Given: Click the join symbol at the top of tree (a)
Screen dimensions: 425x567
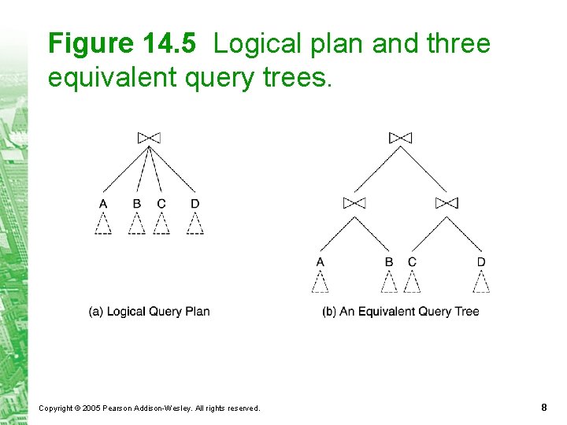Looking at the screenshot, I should click(x=149, y=138).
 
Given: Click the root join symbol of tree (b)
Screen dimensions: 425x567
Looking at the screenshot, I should click(x=400, y=138).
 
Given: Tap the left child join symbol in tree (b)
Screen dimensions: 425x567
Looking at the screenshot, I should click(x=354, y=203).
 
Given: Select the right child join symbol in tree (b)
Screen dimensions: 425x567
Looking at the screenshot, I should click(x=447, y=203).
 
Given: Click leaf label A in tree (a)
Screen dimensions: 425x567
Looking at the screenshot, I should click(x=103, y=204).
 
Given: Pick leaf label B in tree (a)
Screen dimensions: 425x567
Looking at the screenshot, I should click(x=137, y=204).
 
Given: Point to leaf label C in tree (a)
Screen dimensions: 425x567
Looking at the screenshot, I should click(x=161, y=204).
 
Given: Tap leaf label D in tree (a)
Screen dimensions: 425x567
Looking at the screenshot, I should click(x=195, y=204).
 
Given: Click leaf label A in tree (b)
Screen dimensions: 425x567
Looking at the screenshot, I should click(x=320, y=262).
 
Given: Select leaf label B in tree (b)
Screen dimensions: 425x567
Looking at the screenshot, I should click(x=389, y=262).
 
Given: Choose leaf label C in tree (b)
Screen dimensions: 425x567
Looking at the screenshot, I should click(x=412, y=262).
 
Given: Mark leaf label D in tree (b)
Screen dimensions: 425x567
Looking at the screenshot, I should click(x=481, y=262).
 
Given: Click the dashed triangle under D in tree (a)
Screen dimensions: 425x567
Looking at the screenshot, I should click(x=195, y=224).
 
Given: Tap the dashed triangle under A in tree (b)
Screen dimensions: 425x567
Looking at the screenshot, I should click(x=320, y=282).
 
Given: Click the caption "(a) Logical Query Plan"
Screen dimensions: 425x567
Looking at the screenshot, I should click(x=149, y=312).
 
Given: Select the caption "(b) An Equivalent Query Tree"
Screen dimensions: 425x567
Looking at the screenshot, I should click(x=400, y=312).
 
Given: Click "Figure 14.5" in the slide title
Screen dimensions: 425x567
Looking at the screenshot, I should click(x=121, y=44).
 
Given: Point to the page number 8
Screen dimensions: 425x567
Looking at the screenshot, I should click(x=544, y=407).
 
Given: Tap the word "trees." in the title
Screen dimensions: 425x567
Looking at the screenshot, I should click(x=300, y=77).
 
